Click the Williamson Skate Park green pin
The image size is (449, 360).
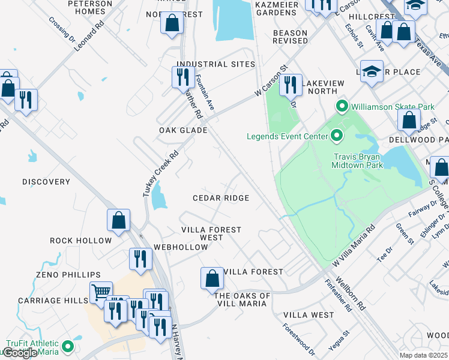pyautogui.click(x=342, y=107)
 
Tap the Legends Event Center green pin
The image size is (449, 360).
pyautogui.click(x=336, y=136)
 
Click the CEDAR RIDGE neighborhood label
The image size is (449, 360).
pyautogui.click(x=220, y=198)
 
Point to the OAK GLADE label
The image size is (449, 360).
pyautogui.click(x=183, y=130)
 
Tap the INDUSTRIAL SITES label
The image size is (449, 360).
pyautogui.click(x=215, y=64)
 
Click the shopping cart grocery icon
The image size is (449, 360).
pyautogui.click(x=101, y=293)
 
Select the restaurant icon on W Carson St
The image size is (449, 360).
pyautogui.click(x=291, y=85)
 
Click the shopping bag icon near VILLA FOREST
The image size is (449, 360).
pyautogui.click(x=212, y=278)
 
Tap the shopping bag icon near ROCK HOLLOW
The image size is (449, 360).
pyautogui.click(x=118, y=220)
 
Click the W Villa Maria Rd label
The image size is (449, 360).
pyautogui.click(x=354, y=246)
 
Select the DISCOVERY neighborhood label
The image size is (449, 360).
pyautogui.click(x=46, y=182)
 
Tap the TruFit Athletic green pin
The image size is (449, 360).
pyautogui.click(x=68, y=346)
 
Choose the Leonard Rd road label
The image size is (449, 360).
pyautogui.click(x=89, y=35)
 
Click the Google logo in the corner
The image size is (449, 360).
pyautogui.click(x=20, y=353)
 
